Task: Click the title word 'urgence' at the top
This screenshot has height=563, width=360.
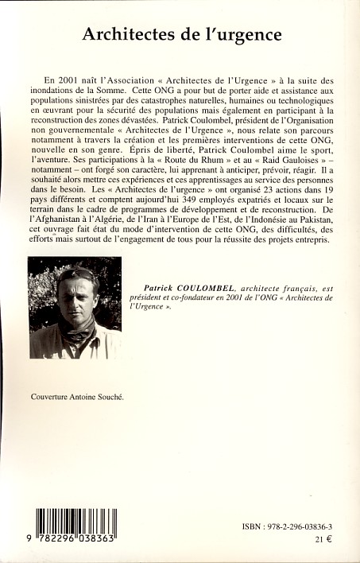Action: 251,36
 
